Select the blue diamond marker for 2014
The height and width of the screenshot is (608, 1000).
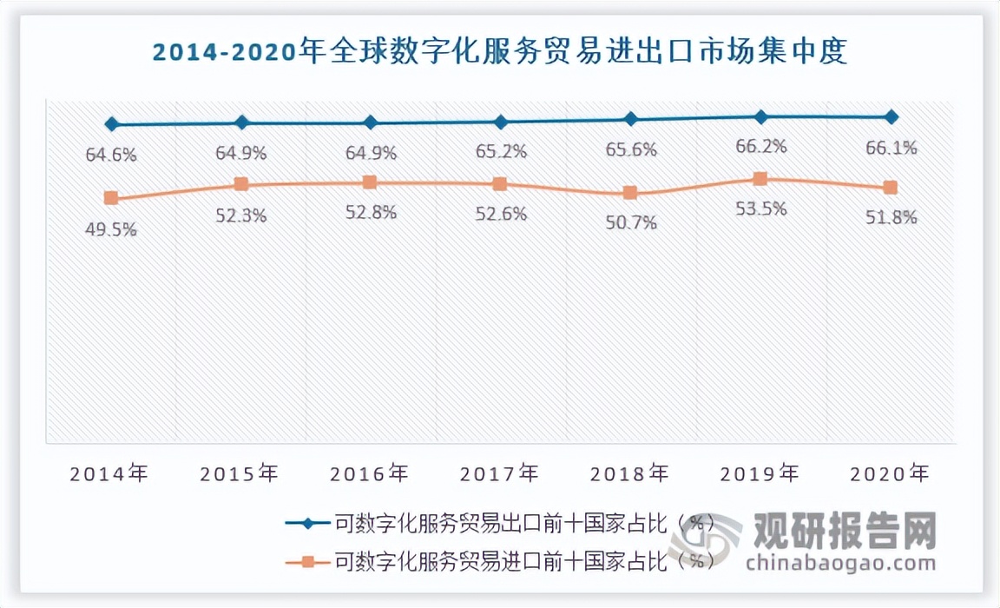pyautogui.click(x=111, y=124)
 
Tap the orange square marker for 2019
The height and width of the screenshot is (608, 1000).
pyautogui.click(x=760, y=179)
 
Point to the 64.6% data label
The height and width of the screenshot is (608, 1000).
pyautogui.click(x=111, y=155)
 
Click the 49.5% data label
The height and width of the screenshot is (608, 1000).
pyautogui.click(x=111, y=229)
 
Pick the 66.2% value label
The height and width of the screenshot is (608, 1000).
pyautogui.click(x=760, y=147)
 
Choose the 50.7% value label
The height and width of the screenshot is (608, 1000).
pyautogui.click(x=630, y=223)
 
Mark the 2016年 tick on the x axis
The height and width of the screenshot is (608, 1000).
pyautogui.click(x=370, y=474)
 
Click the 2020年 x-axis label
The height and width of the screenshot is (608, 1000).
pyautogui.click(x=890, y=474)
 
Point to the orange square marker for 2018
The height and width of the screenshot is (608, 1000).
pyautogui.click(x=630, y=193)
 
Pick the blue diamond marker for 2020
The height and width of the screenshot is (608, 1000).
pyautogui.click(x=890, y=116)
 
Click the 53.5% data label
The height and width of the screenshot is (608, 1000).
pyautogui.click(x=760, y=209)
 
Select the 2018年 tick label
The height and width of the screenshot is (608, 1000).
pyautogui.click(x=630, y=474)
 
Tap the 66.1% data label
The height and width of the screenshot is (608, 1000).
pyautogui.click(x=891, y=149)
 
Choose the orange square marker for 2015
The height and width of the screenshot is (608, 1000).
pyautogui.click(x=241, y=184)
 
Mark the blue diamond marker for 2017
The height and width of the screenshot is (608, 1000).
pyautogui.click(x=501, y=122)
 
